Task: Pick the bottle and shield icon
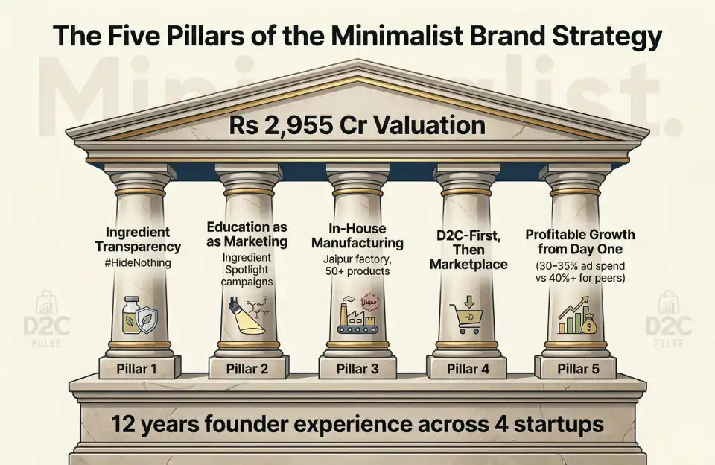pos(139,315)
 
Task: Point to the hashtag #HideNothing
pos(139,263)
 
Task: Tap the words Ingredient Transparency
pos(139,239)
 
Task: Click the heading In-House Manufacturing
pos(357,235)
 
